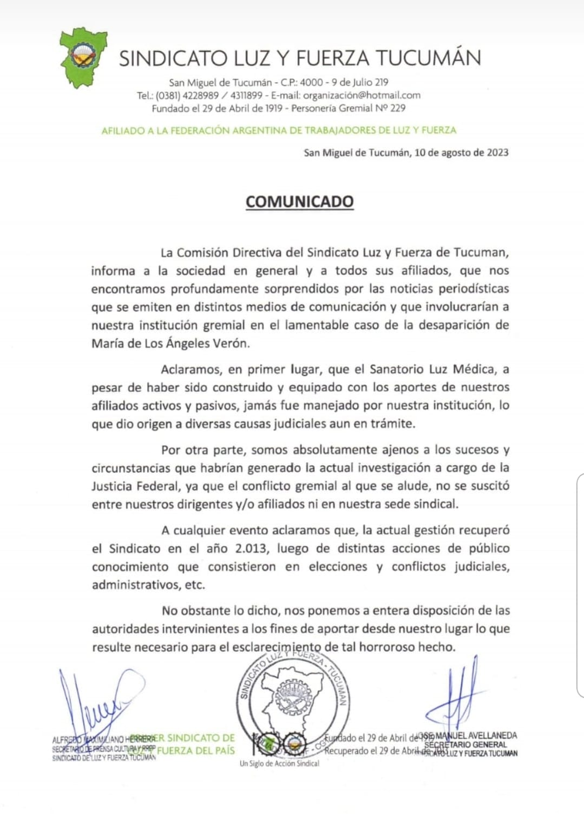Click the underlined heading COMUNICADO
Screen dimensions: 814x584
[299, 202]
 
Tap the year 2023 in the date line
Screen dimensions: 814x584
[496, 152]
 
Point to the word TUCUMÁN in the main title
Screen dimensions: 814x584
[430, 58]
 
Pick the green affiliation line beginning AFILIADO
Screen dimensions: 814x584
[279, 130]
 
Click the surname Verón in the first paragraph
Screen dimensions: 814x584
[233, 343]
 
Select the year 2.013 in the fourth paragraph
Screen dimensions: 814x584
[252, 548]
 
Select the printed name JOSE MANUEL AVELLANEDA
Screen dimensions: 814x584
[470, 736]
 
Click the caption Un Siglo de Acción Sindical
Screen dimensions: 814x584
[279, 763]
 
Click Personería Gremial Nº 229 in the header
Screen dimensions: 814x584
[348, 108]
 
